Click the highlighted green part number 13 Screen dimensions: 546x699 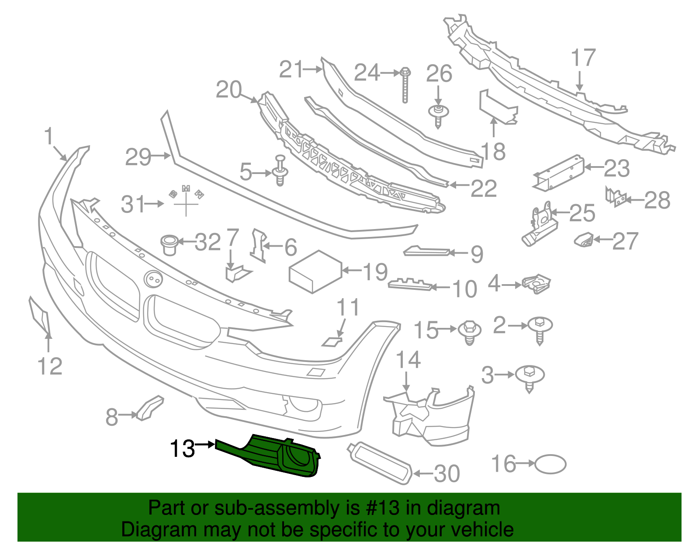[x=271, y=455]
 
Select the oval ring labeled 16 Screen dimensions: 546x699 [x=550, y=464]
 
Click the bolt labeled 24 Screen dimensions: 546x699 [x=405, y=85]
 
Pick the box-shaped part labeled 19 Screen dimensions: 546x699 [x=315, y=271]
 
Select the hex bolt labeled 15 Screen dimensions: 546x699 [x=469, y=332]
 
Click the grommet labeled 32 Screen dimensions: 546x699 [x=169, y=244]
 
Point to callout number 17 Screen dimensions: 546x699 [x=583, y=58]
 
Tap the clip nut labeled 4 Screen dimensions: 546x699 [x=537, y=284]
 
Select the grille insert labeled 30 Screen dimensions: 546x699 [x=380, y=463]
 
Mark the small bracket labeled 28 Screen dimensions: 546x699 [x=616, y=198]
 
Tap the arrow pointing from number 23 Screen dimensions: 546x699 [x=593, y=167]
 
